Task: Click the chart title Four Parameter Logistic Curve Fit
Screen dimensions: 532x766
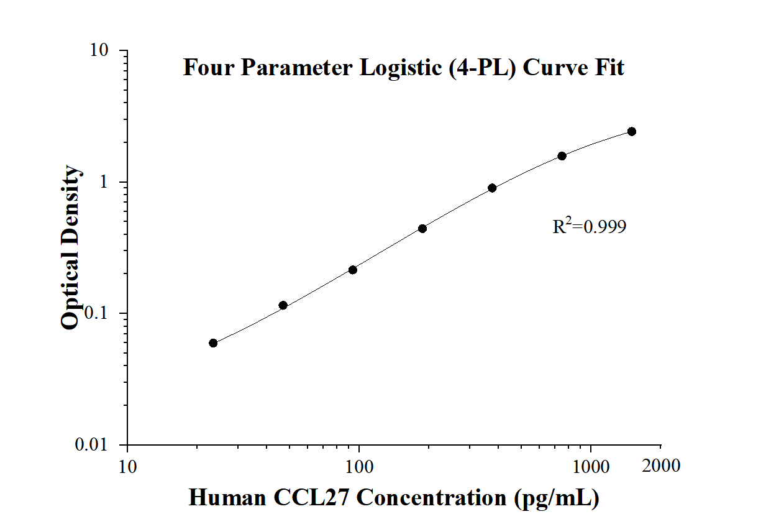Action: coord(403,67)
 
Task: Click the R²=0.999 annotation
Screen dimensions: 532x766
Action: coord(590,227)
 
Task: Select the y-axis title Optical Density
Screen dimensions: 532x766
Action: coord(71,247)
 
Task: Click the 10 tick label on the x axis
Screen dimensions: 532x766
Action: coord(127,465)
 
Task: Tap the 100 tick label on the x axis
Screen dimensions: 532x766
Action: coord(358,465)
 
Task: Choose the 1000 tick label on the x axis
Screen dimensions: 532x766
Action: coord(590,465)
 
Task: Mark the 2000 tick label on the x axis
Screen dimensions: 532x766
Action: coord(660,465)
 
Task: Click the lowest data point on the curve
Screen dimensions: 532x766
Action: coord(213,343)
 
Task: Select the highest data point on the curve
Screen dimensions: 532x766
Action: coord(632,131)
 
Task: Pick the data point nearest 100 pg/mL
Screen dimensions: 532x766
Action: coord(353,270)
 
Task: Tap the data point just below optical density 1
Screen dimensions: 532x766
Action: coord(492,188)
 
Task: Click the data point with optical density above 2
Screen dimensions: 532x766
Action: coord(632,131)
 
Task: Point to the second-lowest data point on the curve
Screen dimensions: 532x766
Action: coord(283,305)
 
